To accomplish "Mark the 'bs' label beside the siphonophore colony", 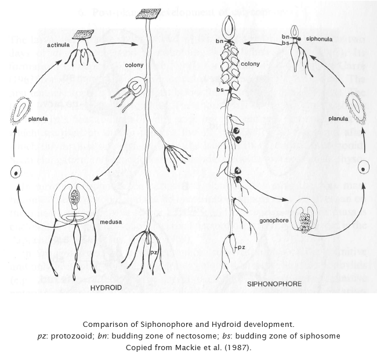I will click(220, 90).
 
